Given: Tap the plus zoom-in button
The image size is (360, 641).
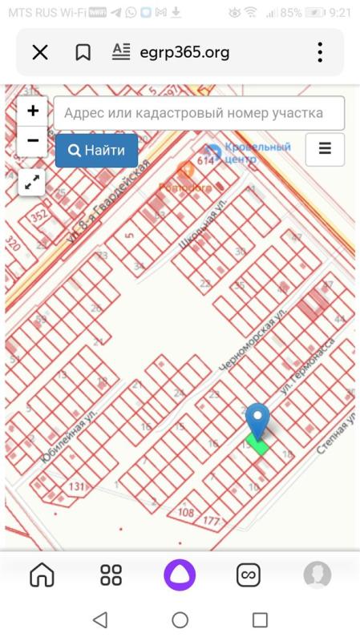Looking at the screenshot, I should (x=32, y=111).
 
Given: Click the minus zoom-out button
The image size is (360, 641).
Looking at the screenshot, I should (x=32, y=140).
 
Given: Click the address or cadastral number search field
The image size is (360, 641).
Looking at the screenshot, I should (x=200, y=113).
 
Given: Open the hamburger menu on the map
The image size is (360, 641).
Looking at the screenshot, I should (x=325, y=149).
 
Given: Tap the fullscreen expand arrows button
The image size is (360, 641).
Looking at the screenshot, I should (x=32, y=182).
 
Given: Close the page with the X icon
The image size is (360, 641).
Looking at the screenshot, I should (x=40, y=53).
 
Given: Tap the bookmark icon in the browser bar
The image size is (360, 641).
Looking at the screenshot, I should (x=83, y=53).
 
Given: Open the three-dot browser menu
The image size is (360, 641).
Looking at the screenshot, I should (x=319, y=53).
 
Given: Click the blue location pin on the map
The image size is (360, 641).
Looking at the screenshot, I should (x=257, y=420).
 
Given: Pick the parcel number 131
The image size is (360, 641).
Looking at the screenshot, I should (x=77, y=487).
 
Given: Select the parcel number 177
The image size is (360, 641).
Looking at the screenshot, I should (x=212, y=522).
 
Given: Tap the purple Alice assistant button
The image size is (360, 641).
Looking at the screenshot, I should (x=180, y=574).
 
